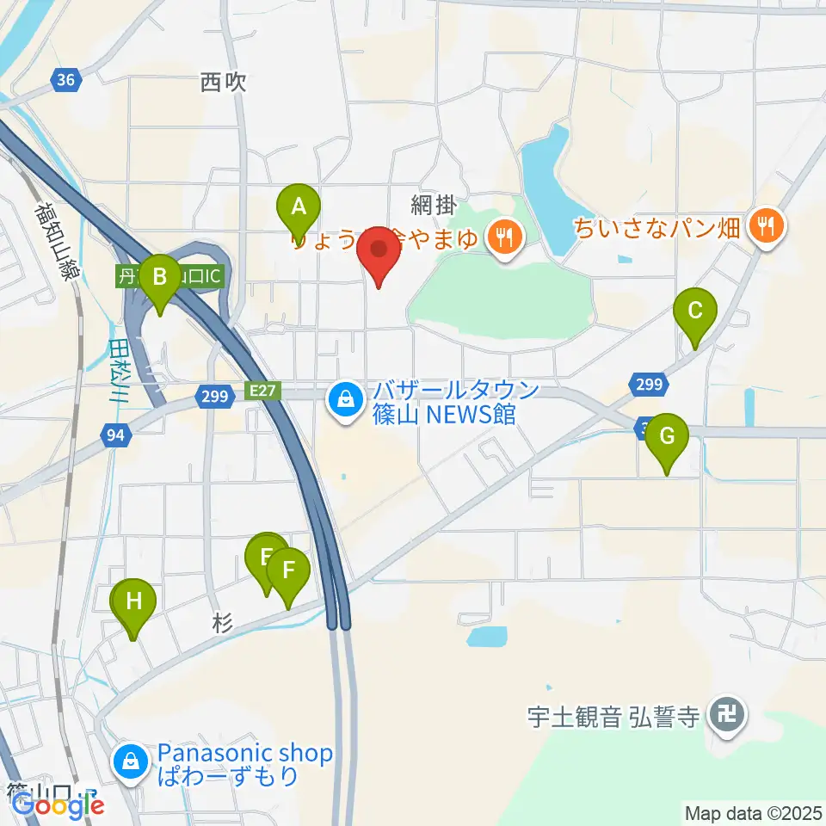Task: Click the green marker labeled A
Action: (x=299, y=207)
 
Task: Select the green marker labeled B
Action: (x=159, y=278)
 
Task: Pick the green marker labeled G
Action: (x=667, y=436)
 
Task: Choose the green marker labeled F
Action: (x=288, y=570)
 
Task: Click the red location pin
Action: (x=379, y=251)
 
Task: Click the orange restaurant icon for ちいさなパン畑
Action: (x=765, y=228)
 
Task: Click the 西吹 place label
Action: (x=223, y=83)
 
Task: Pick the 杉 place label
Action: (x=221, y=626)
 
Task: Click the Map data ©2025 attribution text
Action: (x=754, y=812)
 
